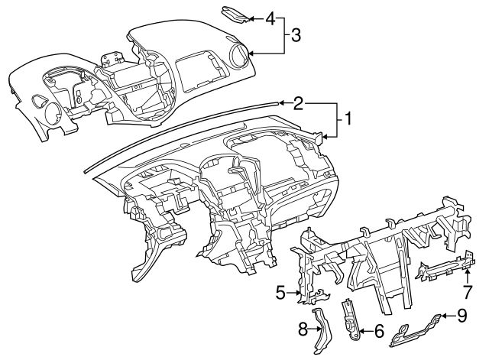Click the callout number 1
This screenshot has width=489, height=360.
347,119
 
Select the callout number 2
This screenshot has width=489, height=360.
298,102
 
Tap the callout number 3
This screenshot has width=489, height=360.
296,35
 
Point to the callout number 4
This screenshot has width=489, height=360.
270,18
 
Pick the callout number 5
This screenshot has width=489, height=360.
280,293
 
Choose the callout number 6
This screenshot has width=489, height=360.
379,331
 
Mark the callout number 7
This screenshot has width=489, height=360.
468,292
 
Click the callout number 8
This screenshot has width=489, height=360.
303,329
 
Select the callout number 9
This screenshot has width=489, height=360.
461,316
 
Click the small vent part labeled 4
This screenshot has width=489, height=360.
234,15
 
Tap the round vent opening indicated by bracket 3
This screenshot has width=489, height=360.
238,54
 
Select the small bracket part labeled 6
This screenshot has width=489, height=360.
350,319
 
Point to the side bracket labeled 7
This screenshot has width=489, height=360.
446,268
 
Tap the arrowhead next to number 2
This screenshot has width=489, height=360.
282,102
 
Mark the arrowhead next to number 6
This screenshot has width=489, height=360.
361,331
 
